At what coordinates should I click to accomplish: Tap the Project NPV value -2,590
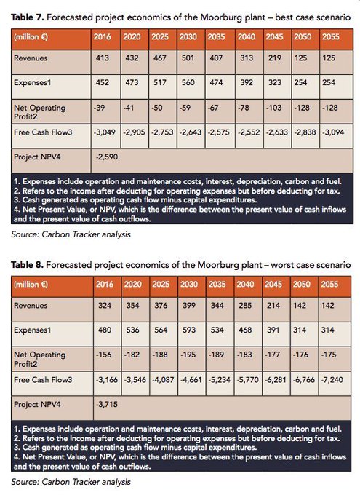click(x=107, y=157)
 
